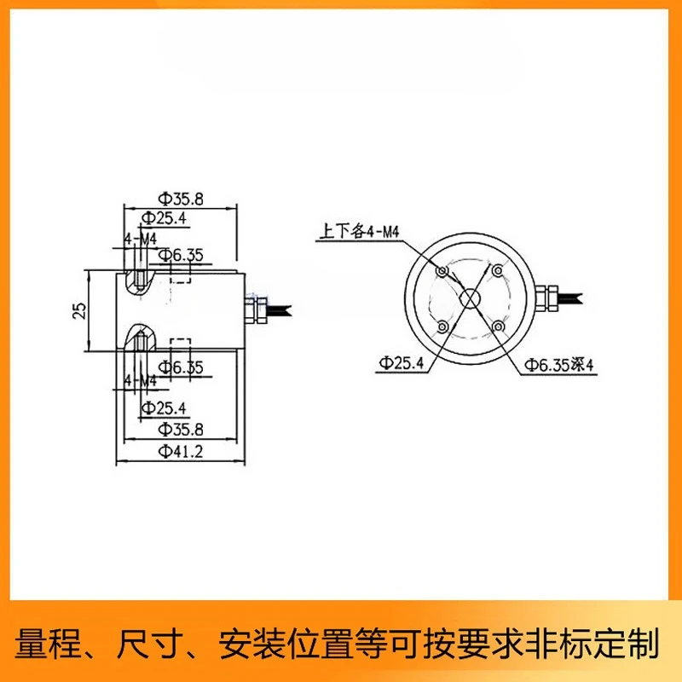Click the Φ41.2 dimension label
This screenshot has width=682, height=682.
(x=181, y=452)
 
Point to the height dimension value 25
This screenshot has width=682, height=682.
(x=79, y=310)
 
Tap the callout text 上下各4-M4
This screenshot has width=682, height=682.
(x=359, y=231)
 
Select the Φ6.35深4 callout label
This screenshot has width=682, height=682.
(x=559, y=365)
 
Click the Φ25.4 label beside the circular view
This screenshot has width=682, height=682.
(x=401, y=363)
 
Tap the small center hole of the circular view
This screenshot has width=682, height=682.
(x=470, y=299)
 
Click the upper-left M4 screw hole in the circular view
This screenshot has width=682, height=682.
(x=442, y=271)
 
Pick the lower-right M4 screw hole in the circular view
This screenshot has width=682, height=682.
(x=498, y=327)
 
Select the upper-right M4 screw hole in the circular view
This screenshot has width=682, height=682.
(x=498, y=270)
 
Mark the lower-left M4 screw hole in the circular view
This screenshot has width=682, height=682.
(x=442, y=327)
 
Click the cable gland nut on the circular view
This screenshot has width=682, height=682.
(x=546, y=298)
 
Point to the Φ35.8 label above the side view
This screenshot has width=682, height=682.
(x=181, y=199)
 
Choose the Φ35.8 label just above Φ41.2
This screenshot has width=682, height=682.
(x=181, y=430)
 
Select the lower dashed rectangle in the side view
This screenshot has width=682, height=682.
(x=181, y=344)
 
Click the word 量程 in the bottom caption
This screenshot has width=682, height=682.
(x=48, y=643)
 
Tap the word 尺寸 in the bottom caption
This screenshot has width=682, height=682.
(x=148, y=643)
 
